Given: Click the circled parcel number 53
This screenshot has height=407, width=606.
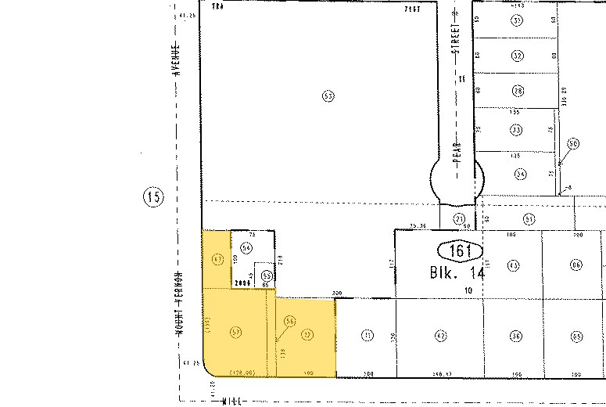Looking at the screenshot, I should (x=328, y=96).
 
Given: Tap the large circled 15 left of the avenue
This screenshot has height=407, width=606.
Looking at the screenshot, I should (x=153, y=197).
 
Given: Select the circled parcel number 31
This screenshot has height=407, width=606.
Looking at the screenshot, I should (x=517, y=21).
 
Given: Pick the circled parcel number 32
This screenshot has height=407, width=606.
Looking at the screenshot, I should (x=517, y=56).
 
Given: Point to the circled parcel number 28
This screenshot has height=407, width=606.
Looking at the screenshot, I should (x=517, y=92).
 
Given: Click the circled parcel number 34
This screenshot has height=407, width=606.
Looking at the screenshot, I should (x=519, y=174).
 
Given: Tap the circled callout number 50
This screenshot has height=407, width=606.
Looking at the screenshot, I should (x=573, y=144).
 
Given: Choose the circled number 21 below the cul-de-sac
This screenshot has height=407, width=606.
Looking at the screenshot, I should (x=460, y=219).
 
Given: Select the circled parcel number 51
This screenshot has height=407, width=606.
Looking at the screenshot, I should (x=529, y=219).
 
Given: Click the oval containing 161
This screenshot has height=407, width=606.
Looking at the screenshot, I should (x=458, y=250).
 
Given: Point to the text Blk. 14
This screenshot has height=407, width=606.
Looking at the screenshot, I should (x=457, y=274).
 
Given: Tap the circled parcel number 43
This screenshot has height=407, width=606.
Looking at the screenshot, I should (x=514, y=265).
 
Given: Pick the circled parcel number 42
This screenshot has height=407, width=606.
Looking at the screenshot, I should (x=440, y=336).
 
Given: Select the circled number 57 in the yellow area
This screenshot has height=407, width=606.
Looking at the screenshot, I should (x=235, y=332).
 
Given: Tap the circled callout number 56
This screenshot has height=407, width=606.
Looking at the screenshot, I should (x=289, y=321).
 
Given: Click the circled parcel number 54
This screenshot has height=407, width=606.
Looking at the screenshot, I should (x=246, y=247).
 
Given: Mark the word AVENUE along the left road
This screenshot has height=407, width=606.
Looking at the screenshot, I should (x=178, y=58).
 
